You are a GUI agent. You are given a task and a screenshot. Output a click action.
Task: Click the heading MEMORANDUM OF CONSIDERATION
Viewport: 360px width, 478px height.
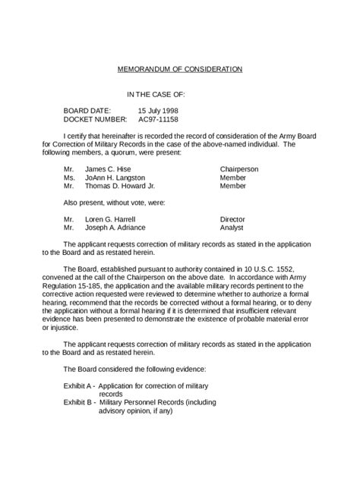tap(180, 69)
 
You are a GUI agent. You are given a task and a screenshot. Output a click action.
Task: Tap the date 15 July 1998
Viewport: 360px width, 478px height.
tap(158, 111)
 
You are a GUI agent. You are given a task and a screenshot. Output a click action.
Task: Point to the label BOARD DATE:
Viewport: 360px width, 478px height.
tap(87, 111)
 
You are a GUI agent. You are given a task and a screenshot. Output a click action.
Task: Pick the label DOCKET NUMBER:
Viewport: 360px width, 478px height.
tap(95, 119)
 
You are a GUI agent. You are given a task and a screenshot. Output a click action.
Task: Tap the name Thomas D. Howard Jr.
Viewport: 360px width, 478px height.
tap(120, 185)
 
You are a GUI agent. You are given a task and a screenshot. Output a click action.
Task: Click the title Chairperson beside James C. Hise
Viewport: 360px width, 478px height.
tap(239, 168)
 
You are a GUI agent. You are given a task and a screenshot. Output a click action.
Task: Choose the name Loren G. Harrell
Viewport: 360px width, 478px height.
tap(111, 219)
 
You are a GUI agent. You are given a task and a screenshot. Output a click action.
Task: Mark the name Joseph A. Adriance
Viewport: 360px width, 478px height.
tap(115, 227)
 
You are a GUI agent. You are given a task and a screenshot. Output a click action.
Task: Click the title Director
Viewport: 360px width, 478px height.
tap(232, 219)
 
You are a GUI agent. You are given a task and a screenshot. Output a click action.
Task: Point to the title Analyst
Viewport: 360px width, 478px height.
tap(232, 227)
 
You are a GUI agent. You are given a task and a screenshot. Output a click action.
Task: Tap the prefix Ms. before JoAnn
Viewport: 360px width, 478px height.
tap(69, 177)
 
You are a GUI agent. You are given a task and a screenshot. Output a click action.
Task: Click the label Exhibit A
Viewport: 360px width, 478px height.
tap(79, 386)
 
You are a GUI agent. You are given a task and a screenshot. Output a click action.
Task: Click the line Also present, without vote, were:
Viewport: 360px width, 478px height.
tap(114, 202)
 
